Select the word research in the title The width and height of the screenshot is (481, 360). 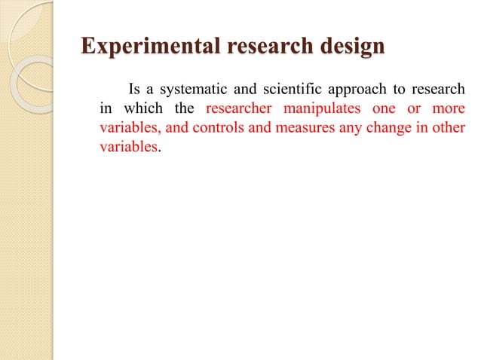click(262, 47)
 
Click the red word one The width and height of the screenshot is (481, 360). click(384, 106)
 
